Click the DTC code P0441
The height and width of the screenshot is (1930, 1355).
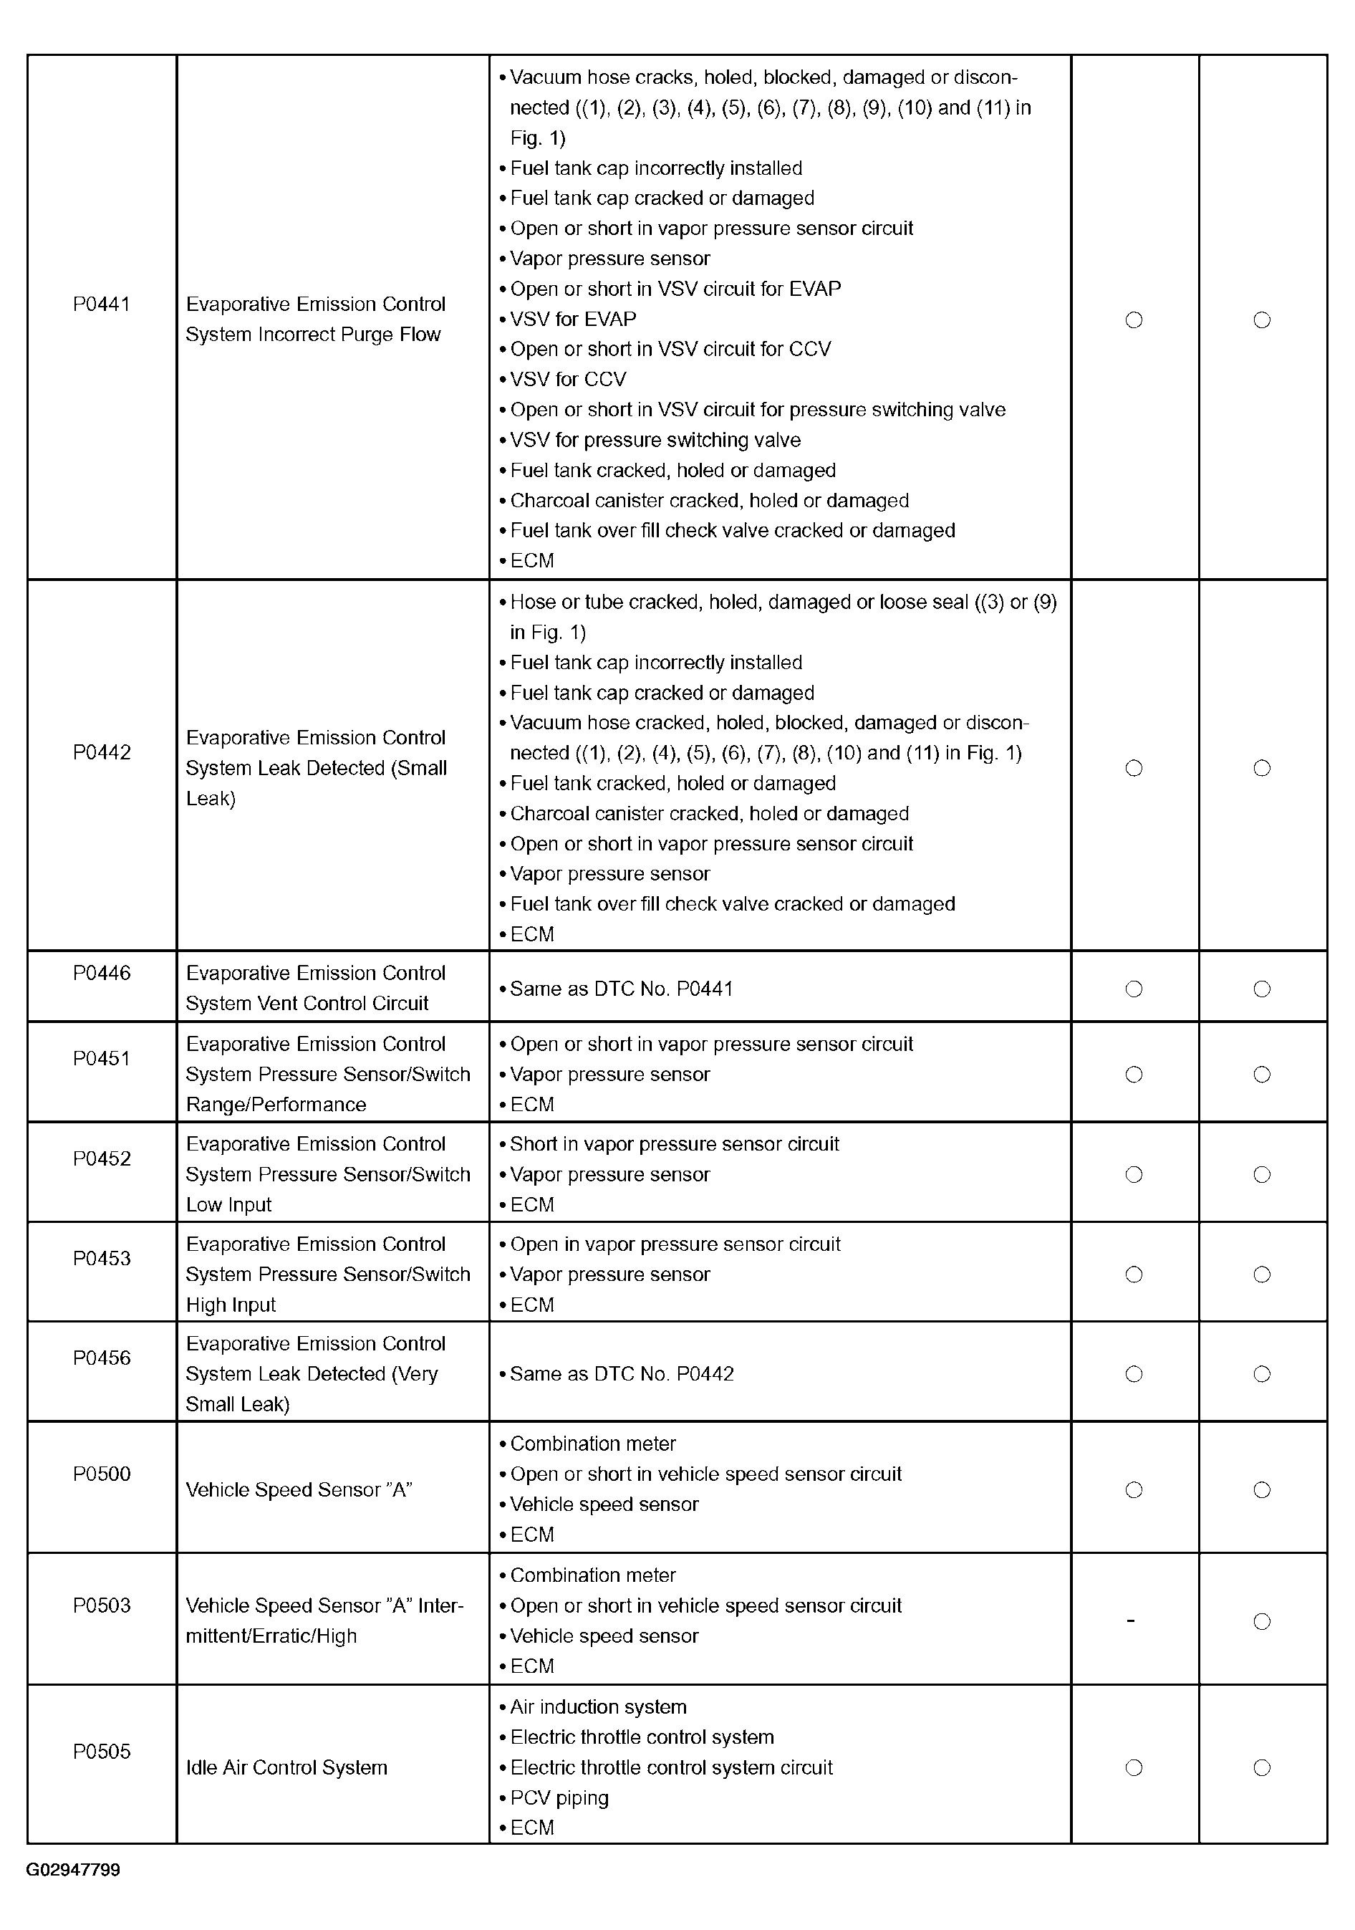point(102,304)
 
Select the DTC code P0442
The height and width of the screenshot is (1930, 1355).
point(102,752)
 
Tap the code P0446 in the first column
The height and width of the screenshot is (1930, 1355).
point(102,974)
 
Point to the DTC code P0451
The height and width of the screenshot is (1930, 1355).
point(102,1059)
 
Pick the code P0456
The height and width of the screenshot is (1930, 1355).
point(102,1358)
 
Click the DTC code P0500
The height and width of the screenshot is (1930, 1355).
point(102,1474)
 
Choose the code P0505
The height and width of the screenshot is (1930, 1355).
point(102,1752)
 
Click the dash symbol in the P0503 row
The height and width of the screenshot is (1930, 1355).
point(1132,1621)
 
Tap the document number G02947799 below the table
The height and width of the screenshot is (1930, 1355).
point(73,1871)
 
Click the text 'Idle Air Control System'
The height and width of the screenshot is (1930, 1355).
point(286,1768)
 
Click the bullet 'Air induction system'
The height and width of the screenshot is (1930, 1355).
point(597,1707)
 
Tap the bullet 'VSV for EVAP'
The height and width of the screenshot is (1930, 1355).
point(572,320)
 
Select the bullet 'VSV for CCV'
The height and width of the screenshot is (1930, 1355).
point(567,380)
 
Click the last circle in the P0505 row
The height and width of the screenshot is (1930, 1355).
point(1262,1769)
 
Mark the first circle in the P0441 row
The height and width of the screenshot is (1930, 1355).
point(1134,320)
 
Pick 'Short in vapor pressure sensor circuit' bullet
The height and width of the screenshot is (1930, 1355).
point(674,1145)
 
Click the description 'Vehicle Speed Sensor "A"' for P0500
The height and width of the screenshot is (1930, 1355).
point(299,1490)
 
